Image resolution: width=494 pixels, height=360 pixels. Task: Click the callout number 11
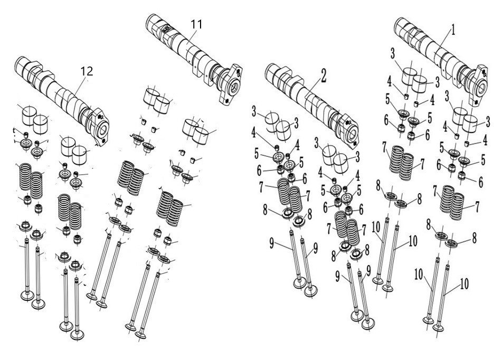[x=196, y=24]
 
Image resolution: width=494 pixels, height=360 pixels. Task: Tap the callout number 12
[x=87, y=71]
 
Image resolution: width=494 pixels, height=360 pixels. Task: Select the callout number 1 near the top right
[x=453, y=30]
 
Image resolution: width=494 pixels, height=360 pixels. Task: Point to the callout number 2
[x=324, y=75]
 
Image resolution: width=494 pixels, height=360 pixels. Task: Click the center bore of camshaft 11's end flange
[x=234, y=88]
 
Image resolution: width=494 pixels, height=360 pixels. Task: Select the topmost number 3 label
[x=393, y=54]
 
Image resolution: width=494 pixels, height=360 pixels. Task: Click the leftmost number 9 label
[x=272, y=243]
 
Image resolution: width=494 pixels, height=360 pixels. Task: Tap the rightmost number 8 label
[x=474, y=238]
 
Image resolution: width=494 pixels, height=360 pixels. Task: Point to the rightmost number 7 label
[x=477, y=207]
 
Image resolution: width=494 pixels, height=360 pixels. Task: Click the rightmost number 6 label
[x=481, y=182]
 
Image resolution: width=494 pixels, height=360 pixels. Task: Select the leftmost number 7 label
[x=261, y=187]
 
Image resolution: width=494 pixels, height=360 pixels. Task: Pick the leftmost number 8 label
[x=265, y=210]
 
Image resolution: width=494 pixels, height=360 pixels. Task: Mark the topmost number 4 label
[x=389, y=82]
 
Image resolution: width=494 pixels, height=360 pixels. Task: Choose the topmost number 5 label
[x=388, y=99]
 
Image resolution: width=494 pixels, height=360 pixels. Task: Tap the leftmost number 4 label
[x=254, y=133]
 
